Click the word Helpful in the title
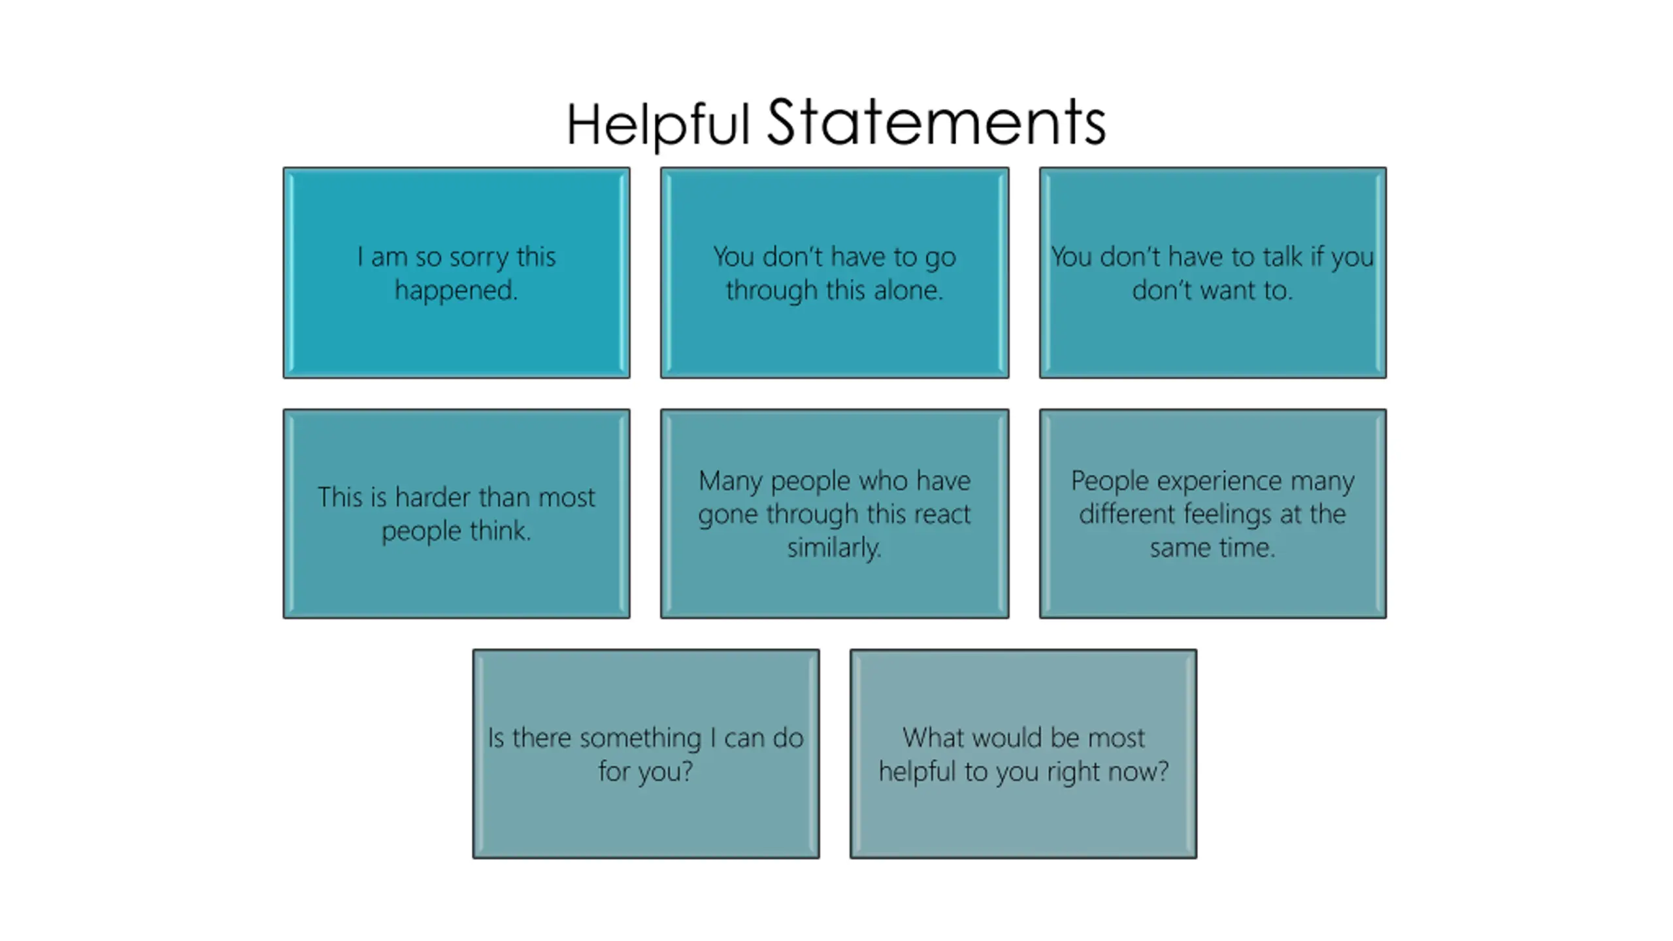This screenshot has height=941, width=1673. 657,124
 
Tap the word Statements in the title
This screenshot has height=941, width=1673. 936,123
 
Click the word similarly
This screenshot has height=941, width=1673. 834,548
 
